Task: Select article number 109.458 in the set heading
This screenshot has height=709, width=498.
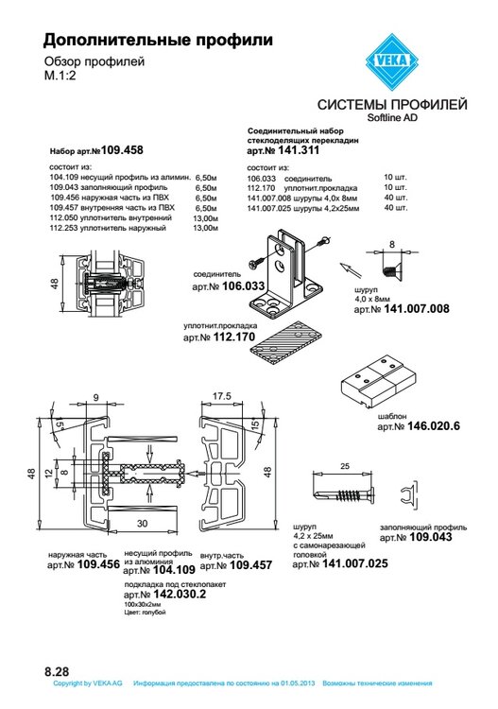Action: (x=122, y=150)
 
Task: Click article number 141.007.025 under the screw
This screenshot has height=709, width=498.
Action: (x=354, y=564)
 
